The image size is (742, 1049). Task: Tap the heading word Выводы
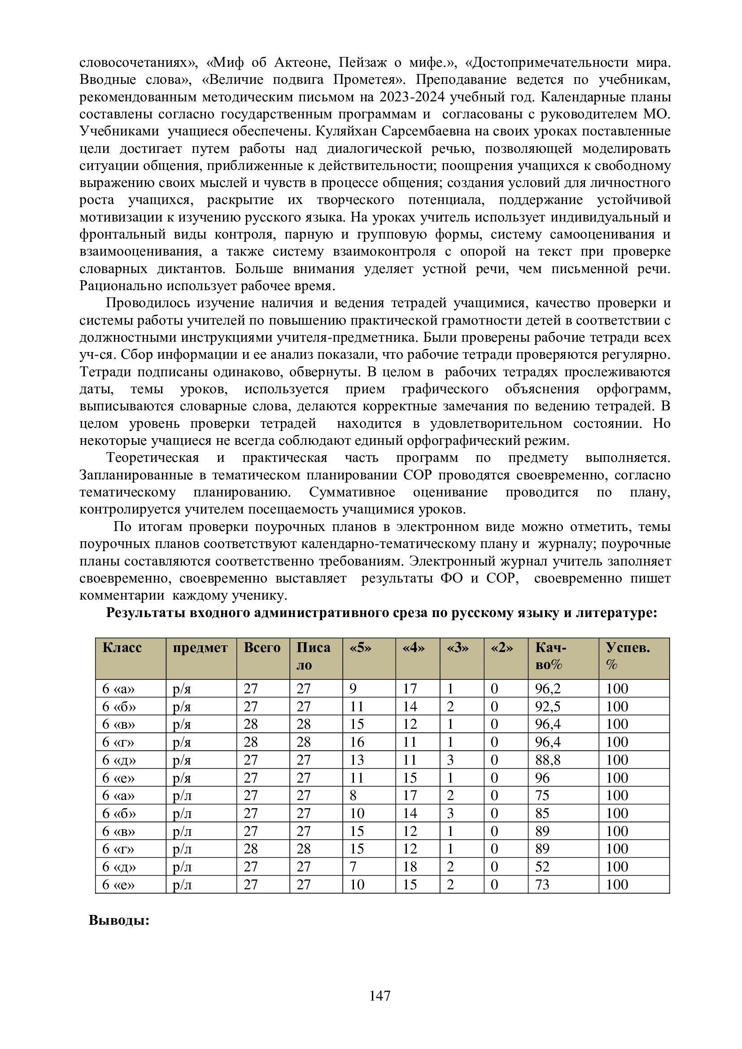119,920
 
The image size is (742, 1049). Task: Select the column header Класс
122,648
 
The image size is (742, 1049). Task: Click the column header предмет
200,648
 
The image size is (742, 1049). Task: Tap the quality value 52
542,867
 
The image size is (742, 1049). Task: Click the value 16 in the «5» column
357,742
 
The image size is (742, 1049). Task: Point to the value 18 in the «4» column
410,867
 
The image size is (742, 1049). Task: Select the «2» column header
502,648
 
